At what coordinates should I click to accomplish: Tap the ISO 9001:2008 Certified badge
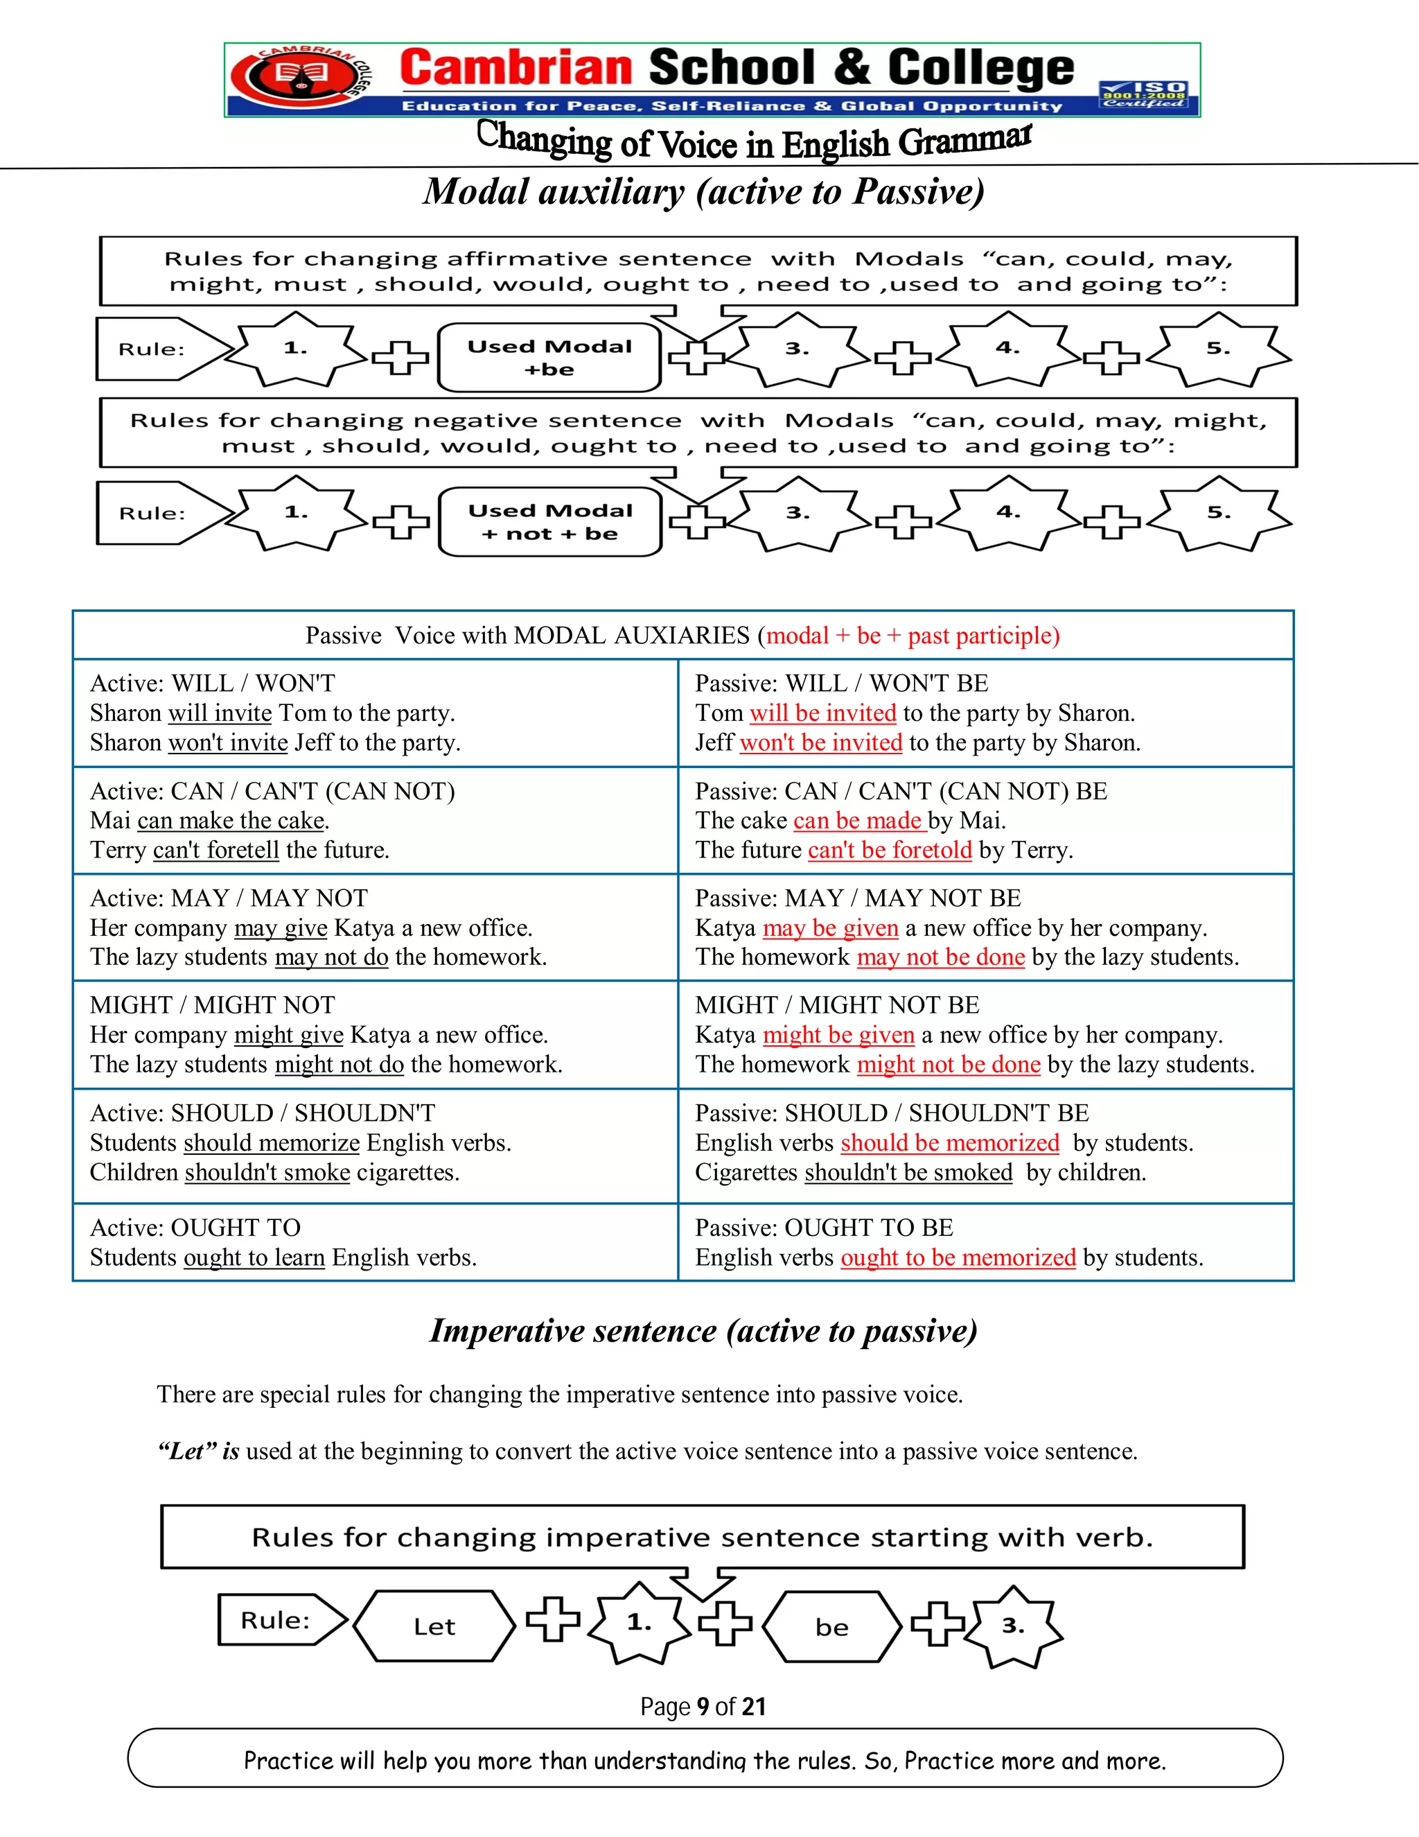click(1143, 94)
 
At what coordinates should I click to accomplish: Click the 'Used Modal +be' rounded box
click(549, 358)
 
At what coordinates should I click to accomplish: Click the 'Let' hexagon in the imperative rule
click(434, 1626)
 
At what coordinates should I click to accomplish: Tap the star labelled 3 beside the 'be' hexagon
click(1013, 1626)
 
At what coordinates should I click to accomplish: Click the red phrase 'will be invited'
click(822, 713)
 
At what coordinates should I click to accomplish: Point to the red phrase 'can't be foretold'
click(890, 850)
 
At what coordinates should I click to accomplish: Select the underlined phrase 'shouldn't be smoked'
click(908, 1172)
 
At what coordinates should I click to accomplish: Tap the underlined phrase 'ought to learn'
click(254, 1257)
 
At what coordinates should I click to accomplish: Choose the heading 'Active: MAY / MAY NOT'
click(229, 898)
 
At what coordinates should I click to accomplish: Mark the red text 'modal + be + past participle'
click(912, 635)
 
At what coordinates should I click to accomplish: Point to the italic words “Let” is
click(198, 1451)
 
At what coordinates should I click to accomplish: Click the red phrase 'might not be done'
click(949, 1064)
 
